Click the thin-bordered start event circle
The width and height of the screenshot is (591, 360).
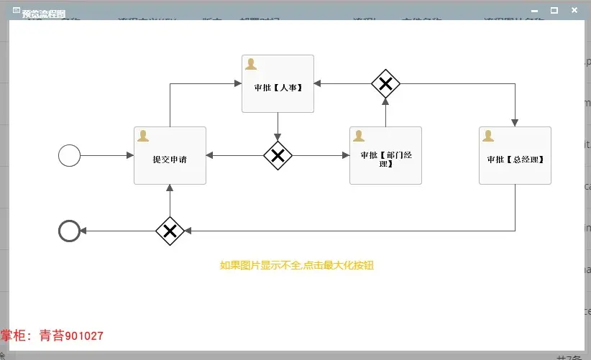(69, 155)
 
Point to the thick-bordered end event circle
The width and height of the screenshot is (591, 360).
(69, 231)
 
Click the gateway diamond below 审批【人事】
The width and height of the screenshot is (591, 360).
(278, 155)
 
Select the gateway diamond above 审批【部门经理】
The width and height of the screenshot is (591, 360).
(385, 84)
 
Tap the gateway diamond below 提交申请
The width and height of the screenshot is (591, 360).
(170, 231)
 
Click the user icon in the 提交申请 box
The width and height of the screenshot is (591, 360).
(143, 135)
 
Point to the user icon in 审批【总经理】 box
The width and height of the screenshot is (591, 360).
(488, 135)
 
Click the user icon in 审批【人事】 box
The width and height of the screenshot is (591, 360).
(251, 63)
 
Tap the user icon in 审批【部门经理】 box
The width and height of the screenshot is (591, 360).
(359, 135)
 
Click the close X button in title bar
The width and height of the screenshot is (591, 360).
(574, 11)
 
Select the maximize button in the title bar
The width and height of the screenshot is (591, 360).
(554, 11)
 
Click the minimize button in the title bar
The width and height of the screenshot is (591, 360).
(534, 11)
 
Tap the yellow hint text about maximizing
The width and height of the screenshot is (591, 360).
(297, 265)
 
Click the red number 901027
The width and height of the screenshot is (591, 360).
(84, 336)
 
